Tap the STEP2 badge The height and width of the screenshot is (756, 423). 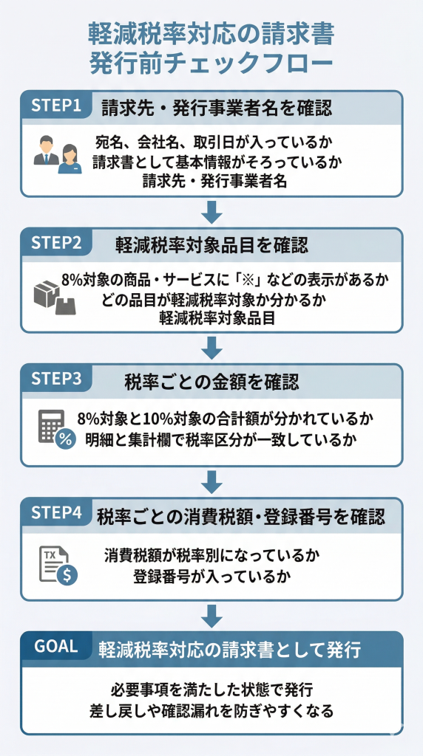click(x=55, y=242)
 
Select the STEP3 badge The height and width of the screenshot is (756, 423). click(x=55, y=378)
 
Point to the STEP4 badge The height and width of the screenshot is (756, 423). click(x=55, y=514)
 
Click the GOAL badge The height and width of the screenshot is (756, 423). click(x=56, y=646)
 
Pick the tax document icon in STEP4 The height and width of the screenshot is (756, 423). click(x=57, y=566)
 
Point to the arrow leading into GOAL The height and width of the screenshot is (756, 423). click(x=212, y=615)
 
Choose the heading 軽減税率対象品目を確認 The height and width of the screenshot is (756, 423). click(x=211, y=245)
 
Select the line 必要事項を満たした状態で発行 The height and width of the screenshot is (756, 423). click(x=211, y=691)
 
